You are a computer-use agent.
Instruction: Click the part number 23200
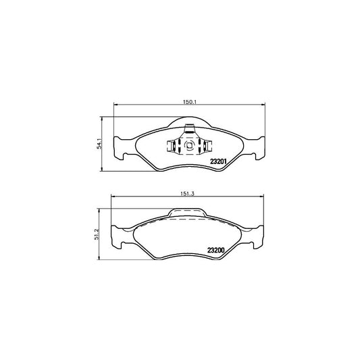click(x=220, y=249)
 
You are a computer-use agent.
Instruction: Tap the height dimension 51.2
click(x=99, y=232)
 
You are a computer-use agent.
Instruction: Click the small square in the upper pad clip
click(x=188, y=145)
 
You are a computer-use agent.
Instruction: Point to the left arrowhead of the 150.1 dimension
click(x=114, y=104)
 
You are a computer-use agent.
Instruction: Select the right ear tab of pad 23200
click(x=258, y=237)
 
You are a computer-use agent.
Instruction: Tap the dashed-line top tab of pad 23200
click(x=189, y=214)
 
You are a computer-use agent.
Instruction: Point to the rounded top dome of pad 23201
click(x=189, y=122)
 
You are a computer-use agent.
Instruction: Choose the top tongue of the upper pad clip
click(x=189, y=131)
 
